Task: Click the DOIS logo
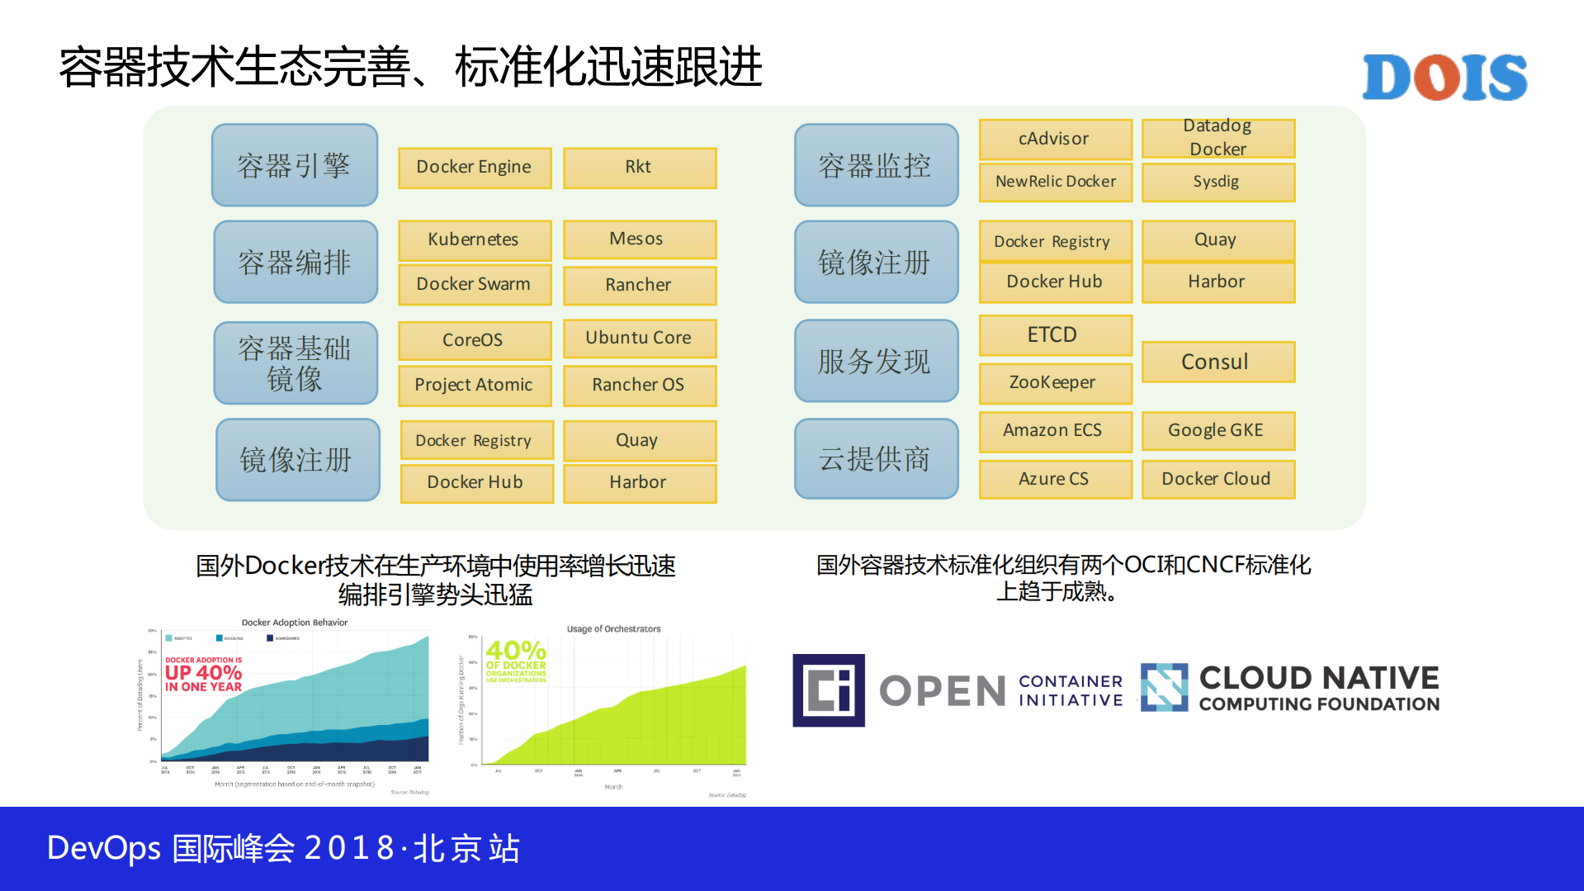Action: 1444,78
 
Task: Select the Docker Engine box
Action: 475,168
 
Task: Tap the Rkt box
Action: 639,168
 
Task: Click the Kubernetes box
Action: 475,239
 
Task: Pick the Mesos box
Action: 639,239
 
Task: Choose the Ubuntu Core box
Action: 639,339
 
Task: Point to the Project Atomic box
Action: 475,386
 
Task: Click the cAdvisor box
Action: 1054,139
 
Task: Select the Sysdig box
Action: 1218,182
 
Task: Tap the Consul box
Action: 1218,362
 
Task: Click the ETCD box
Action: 1054,335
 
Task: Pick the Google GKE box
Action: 1218,431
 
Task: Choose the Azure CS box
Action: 1054,479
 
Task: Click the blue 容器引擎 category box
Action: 295,165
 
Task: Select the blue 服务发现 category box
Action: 876,361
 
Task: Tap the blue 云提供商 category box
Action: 876,459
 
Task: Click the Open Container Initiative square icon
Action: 828,690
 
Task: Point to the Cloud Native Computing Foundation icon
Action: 1164,687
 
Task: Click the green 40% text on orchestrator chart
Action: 516,651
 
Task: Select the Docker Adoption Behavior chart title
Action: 294,623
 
